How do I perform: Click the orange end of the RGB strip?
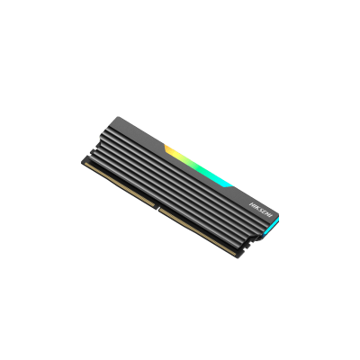point(168,147)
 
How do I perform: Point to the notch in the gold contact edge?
point(157,206)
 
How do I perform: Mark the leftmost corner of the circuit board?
point(83,165)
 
